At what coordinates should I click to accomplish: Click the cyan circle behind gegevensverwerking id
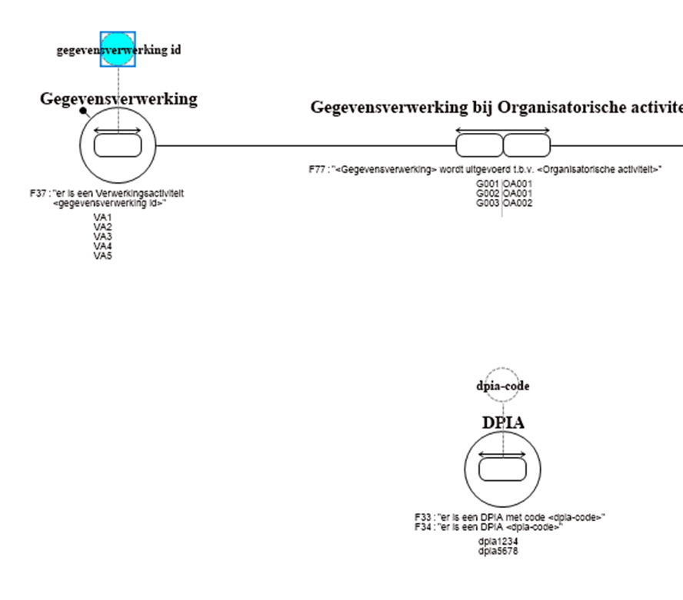(x=118, y=49)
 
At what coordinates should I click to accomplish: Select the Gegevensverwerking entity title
(x=118, y=99)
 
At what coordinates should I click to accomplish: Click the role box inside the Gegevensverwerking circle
(x=118, y=145)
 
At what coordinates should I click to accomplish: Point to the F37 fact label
(x=107, y=198)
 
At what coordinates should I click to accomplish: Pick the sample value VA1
(x=103, y=218)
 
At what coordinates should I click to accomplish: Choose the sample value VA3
(x=103, y=237)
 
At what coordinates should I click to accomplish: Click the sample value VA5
(x=103, y=255)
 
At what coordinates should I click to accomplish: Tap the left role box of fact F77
(x=479, y=145)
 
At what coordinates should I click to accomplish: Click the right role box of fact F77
(x=527, y=145)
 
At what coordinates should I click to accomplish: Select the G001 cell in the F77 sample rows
(x=488, y=184)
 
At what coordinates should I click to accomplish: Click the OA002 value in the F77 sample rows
(x=518, y=203)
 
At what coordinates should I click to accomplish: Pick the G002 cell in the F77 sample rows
(x=488, y=194)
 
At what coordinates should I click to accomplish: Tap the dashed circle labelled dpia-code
(x=503, y=386)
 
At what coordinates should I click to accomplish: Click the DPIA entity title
(x=503, y=423)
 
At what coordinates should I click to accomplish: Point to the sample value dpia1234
(x=497, y=541)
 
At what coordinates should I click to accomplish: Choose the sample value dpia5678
(x=497, y=550)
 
